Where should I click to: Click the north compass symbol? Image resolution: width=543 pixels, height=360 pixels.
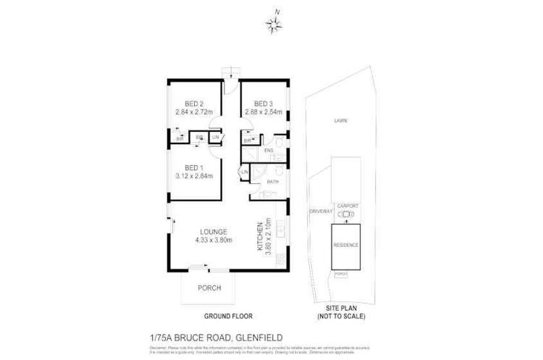[x=276, y=26]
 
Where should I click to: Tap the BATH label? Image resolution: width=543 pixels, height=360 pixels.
[x=273, y=182]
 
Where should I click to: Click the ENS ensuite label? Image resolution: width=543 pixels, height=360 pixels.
[x=279, y=151]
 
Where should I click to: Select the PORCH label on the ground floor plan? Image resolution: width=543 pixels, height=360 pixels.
[x=209, y=288]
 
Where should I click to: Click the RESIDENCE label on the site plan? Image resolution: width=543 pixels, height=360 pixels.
[x=345, y=246]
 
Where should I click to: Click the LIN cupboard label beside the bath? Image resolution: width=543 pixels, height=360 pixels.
[x=244, y=172]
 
